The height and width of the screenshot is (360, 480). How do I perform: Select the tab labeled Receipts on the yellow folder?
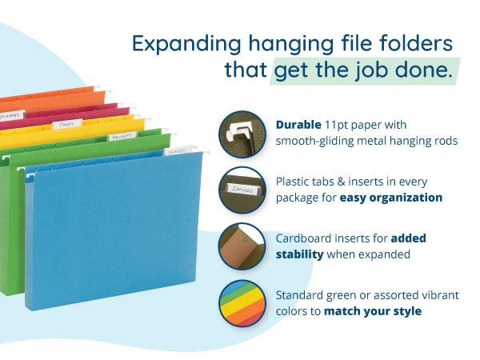pyautogui.click(x=122, y=137)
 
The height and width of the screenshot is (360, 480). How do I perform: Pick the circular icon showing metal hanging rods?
pyautogui.click(x=241, y=133)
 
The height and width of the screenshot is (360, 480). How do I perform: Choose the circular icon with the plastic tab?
pyautogui.click(x=241, y=190)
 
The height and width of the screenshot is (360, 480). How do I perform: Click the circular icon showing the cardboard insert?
pyautogui.click(x=241, y=246)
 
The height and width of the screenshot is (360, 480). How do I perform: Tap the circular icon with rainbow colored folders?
pyautogui.click(x=241, y=302)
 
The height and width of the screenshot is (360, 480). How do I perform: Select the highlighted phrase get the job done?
pyautogui.click(x=364, y=71)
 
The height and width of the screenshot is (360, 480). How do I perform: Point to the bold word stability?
pyautogui.click(x=301, y=254)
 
